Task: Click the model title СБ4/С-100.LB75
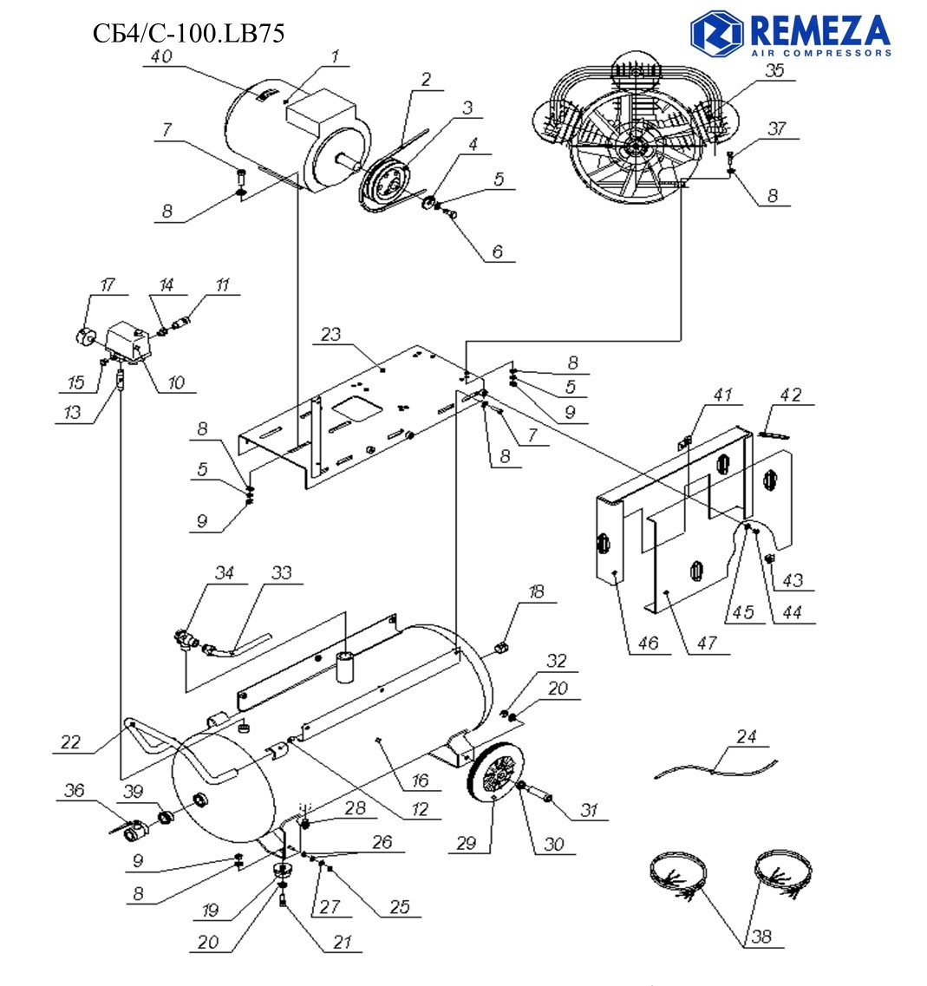tap(188, 34)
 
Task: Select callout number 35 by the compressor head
tap(774, 71)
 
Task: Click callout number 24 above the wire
tap(747, 737)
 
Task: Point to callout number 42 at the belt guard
tap(789, 395)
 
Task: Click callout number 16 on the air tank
tap(421, 780)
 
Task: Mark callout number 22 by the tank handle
tap(71, 741)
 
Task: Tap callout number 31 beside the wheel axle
tap(591, 810)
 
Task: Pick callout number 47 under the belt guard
tap(709, 644)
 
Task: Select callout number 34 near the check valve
tap(225, 573)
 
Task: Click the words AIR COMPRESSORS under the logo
tap(819, 53)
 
